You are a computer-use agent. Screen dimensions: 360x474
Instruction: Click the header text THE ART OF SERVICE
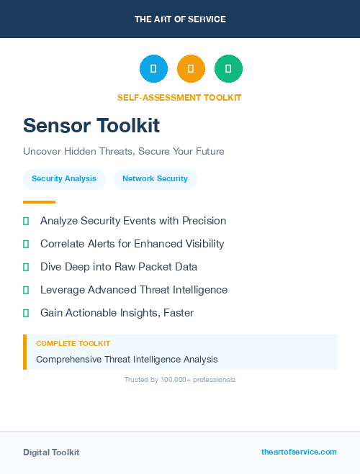point(180,19)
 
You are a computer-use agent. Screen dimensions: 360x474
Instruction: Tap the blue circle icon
point(153,68)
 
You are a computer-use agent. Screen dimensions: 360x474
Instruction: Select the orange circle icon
point(191,68)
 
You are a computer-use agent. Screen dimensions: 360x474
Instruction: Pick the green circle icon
point(228,68)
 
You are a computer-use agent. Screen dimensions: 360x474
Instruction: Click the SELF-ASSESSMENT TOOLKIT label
point(179,98)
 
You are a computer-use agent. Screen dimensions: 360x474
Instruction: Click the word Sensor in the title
point(54,126)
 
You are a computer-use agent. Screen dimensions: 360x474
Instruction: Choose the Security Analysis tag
point(64,179)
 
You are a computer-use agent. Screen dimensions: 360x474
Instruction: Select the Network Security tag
point(155,179)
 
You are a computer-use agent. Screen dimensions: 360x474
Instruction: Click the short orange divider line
point(39,202)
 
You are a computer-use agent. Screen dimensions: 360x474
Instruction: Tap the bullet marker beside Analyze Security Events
point(26,222)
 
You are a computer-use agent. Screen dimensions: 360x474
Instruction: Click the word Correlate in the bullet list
point(63,244)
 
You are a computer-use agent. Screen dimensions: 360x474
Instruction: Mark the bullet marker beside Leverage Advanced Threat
point(26,291)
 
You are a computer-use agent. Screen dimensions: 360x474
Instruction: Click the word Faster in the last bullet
point(179,313)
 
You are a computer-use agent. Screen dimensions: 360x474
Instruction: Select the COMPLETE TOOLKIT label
point(73,344)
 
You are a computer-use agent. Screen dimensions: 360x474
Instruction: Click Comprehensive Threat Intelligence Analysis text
point(127,359)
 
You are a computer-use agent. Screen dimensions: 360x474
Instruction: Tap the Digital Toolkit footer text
point(51,452)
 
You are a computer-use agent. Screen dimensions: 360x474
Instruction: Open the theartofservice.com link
point(299,452)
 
